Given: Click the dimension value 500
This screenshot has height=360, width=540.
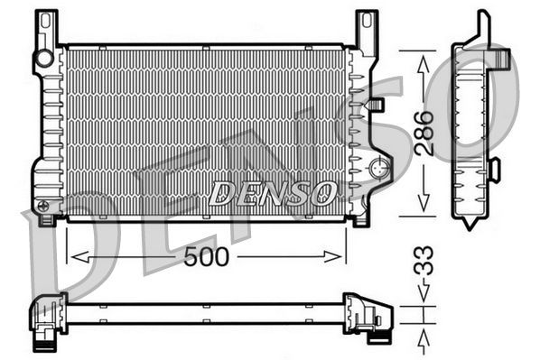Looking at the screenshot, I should (x=207, y=256).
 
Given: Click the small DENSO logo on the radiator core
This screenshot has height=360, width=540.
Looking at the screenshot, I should (x=272, y=192).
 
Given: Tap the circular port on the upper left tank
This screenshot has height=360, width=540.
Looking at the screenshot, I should (x=42, y=59).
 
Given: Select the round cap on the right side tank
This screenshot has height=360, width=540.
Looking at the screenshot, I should (x=380, y=167).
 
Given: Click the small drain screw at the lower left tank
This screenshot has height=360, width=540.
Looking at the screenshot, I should (x=42, y=207).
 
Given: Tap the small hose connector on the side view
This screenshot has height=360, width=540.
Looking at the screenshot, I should (x=494, y=168).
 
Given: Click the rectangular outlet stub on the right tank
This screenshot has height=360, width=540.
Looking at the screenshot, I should (x=376, y=105).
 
